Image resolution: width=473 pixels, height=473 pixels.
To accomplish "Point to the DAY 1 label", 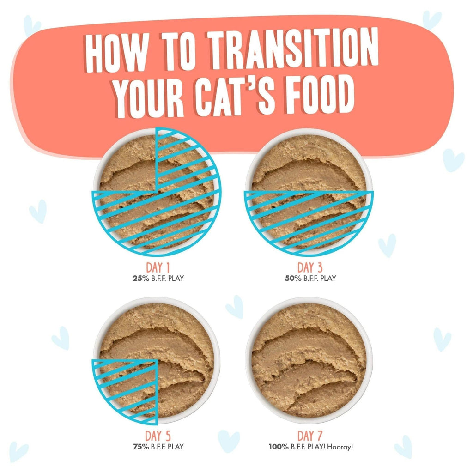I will click(157, 268).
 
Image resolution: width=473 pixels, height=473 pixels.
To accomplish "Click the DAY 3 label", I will click(309, 268).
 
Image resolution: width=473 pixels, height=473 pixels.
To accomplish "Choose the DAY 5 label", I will click(157, 436).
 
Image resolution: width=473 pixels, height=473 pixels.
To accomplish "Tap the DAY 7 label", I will click(309, 436).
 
